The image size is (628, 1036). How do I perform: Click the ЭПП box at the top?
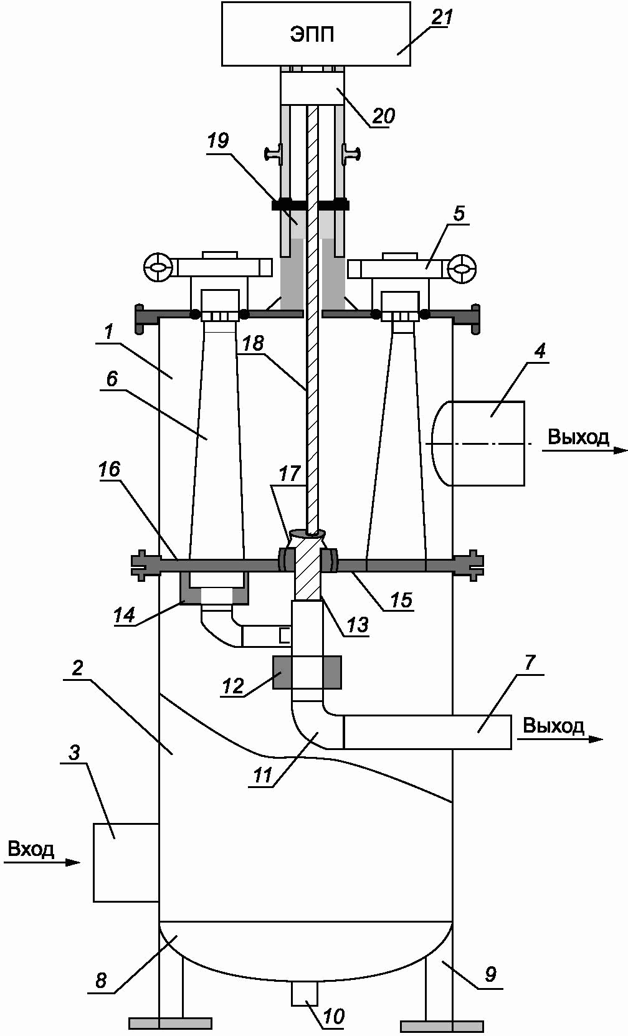tap(316, 34)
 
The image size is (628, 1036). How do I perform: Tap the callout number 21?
tap(441, 17)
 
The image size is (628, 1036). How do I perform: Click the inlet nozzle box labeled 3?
tap(126, 863)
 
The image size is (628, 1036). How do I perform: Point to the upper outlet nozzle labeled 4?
tap(478, 443)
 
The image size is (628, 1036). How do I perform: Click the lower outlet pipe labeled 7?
tap(427, 732)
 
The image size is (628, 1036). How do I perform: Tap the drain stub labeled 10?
tap(304, 994)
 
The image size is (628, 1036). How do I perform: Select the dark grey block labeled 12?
tap(307, 672)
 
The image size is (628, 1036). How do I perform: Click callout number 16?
tap(109, 470)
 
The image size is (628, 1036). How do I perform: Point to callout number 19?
tap(218, 140)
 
